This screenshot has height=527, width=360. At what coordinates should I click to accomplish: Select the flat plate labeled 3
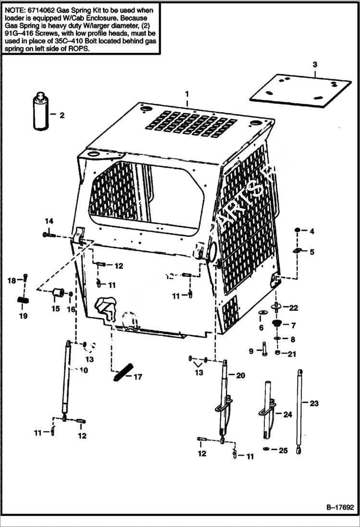[x=301, y=91]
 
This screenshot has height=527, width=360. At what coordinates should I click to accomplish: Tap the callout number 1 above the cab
[x=187, y=93]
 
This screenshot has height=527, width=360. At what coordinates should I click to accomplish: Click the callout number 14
[x=49, y=221]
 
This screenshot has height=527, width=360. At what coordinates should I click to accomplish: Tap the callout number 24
[x=287, y=414]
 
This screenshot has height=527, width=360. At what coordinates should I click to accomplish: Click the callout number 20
[x=240, y=375]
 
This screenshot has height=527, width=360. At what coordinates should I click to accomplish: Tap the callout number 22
[x=293, y=307]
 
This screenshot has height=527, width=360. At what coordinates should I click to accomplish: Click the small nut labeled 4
[x=298, y=231]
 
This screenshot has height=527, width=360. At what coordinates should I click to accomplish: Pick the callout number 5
[x=311, y=252]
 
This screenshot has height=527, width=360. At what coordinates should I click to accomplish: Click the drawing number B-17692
[x=340, y=507]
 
